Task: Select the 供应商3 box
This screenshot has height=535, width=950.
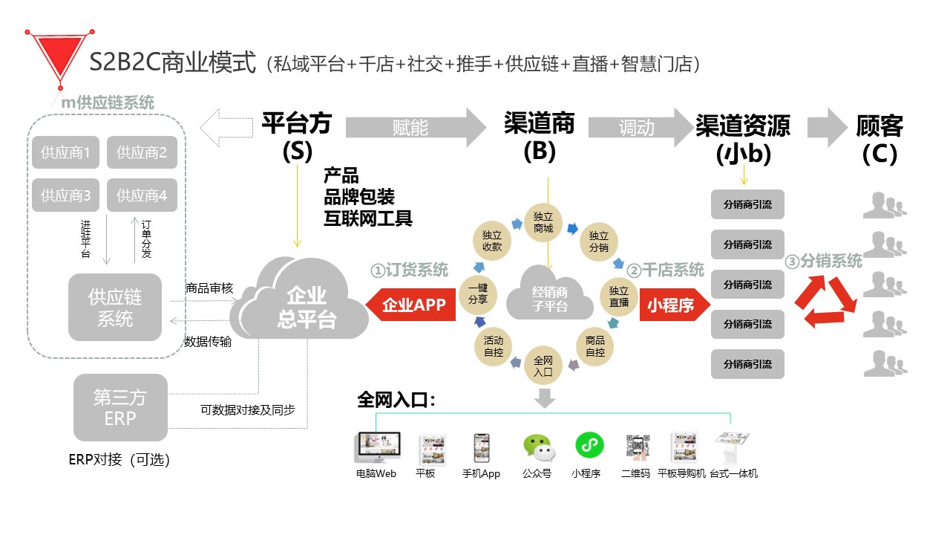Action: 66,196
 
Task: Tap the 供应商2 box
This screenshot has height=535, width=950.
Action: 142,154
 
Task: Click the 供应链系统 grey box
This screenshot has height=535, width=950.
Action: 115,308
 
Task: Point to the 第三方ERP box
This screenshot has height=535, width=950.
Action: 120,407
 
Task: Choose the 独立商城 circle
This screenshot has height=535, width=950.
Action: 543,222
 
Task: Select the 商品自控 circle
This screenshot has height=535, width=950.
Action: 594,346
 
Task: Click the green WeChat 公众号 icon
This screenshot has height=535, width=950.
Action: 537,447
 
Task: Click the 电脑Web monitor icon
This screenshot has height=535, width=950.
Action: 376,448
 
